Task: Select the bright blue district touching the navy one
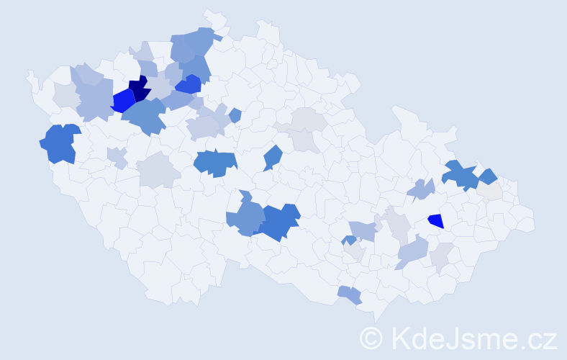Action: (x=122, y=100)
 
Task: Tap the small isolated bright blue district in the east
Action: (x=435, y=221)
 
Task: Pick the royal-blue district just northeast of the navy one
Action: (x=189, y=84)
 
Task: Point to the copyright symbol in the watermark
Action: (x=371, y=337)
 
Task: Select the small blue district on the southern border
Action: (x=350, y=294)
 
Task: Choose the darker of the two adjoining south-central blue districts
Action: (x=279, y=222)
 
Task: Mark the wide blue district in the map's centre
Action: (x=215, y=163)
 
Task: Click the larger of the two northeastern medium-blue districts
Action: (x=459, y=175)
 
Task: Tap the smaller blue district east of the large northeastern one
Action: (x=487, y=176)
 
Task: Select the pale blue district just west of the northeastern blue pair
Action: (x=421, y=189)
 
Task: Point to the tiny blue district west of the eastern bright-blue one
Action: (x=348, y=240)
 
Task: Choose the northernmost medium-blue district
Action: (x=194, y=42)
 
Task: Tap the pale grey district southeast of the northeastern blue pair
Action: (x=491, y=192)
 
